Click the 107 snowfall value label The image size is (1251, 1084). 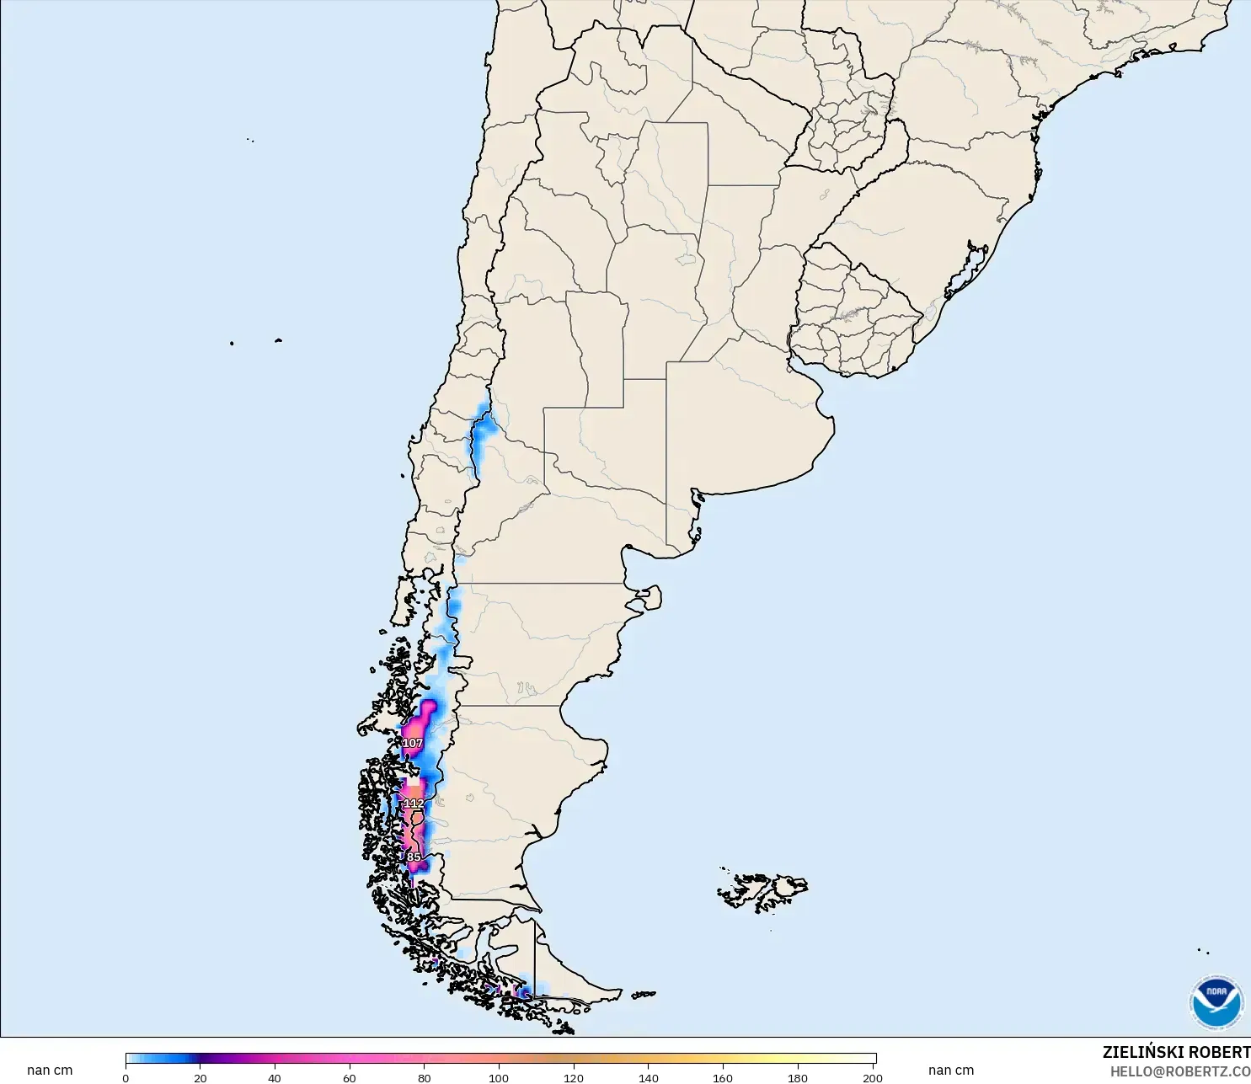pos(412,743)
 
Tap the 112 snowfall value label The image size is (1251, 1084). pos(414,804)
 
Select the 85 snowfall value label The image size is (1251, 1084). pos(414,857)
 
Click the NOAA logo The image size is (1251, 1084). pos(1216,1001)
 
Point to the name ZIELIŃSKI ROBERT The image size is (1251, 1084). pos(1176,1052)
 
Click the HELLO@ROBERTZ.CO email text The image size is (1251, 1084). pos(1179,1071)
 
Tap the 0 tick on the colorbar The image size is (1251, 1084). pos(126,1077)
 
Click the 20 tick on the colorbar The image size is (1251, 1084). pos(200,1077)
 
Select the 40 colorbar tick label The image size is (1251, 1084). pos(275,1077)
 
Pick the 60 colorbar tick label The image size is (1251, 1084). pos(350,1077)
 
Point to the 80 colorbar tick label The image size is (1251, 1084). pos(424,1077)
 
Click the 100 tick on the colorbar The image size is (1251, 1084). pos(499,1077)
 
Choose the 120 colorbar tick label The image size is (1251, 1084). pos(574,1077)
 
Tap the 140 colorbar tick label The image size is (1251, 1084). pos(648,1077)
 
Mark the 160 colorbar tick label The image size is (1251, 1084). pos(723,1077)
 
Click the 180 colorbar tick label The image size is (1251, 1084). pos(798,1077)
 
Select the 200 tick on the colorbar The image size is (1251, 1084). pos(873,1077)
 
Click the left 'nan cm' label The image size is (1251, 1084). pos(50,1071)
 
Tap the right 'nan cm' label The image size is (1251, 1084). pos(951,1071)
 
